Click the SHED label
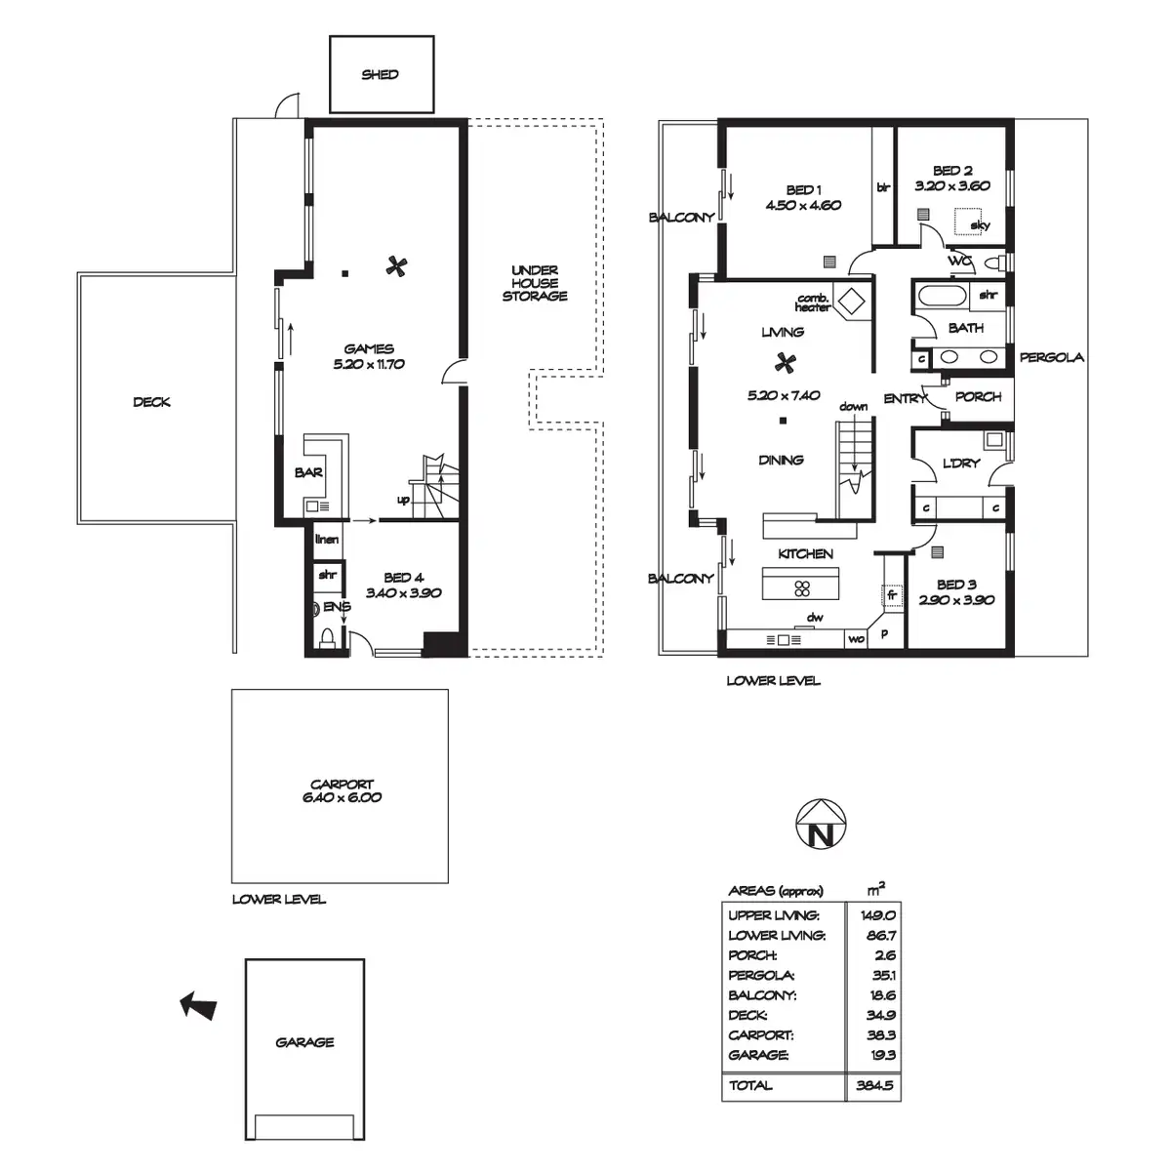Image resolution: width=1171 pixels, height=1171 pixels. coord(380,75)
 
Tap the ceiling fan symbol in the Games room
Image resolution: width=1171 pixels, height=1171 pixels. coord(396,266)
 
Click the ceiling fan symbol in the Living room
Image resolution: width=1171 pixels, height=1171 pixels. coord(786,363)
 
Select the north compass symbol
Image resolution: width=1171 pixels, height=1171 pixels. coord(821,824)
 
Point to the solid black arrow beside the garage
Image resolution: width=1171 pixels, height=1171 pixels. coord(198,1006)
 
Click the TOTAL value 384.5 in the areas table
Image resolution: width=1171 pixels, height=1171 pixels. coord(874,1085)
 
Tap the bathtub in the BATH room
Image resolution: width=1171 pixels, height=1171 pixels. coord(942,296)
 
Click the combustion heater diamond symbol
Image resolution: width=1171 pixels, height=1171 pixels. coord(851,301)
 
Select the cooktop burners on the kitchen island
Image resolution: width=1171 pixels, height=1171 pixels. coord(802,587)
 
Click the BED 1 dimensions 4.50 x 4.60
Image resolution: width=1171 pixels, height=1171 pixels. coord(803,205)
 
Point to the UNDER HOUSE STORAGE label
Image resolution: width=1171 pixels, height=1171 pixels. coord(535,283)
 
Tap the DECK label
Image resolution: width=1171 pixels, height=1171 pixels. coord(152,402)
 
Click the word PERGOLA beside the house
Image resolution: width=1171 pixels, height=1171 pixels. coord(1051,357)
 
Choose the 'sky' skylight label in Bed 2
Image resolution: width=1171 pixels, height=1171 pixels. coord(980,225)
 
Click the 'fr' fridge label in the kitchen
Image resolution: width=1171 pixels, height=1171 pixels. coord(892,595)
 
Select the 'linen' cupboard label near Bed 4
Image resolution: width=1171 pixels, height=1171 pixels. coord(327,539)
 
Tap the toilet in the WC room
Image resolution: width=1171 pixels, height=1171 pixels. coord(993,263)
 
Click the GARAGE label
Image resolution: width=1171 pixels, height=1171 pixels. coord(304,1042)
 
